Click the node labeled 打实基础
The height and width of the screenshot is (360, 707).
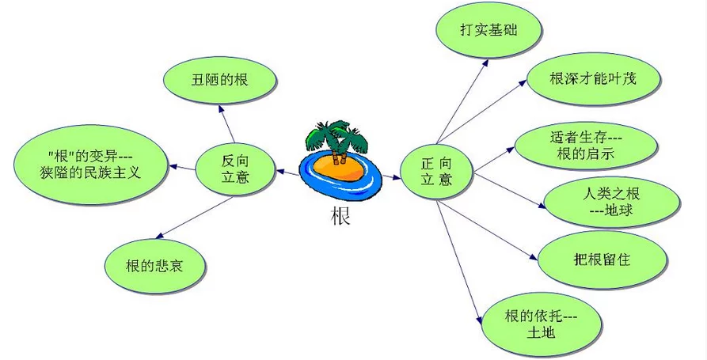point(488,30)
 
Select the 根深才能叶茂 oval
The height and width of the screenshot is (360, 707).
point(593,79)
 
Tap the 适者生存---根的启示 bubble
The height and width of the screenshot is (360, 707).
point(586,146)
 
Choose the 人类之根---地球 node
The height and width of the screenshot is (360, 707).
point(611,202)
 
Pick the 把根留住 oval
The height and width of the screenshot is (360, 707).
point(602,260)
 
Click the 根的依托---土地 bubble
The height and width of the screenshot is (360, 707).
point(541,324)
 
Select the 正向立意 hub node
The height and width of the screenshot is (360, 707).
point(436,172)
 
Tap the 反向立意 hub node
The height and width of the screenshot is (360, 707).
point(235,169)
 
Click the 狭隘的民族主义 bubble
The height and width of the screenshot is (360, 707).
point(90,165)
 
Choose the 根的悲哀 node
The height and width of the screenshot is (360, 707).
point(154,267)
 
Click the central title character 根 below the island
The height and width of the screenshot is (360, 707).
point(340,216)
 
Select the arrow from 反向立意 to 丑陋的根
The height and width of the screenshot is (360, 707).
point(226,123)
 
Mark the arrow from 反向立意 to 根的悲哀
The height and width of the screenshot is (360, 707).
point(194,218)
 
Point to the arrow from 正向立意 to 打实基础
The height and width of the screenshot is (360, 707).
point(462,100)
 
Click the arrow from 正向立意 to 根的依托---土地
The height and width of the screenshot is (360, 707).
point(459,262)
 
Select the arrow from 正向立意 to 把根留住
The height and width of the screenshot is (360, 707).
point(487,230)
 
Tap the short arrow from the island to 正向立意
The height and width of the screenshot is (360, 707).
point(391,177)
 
